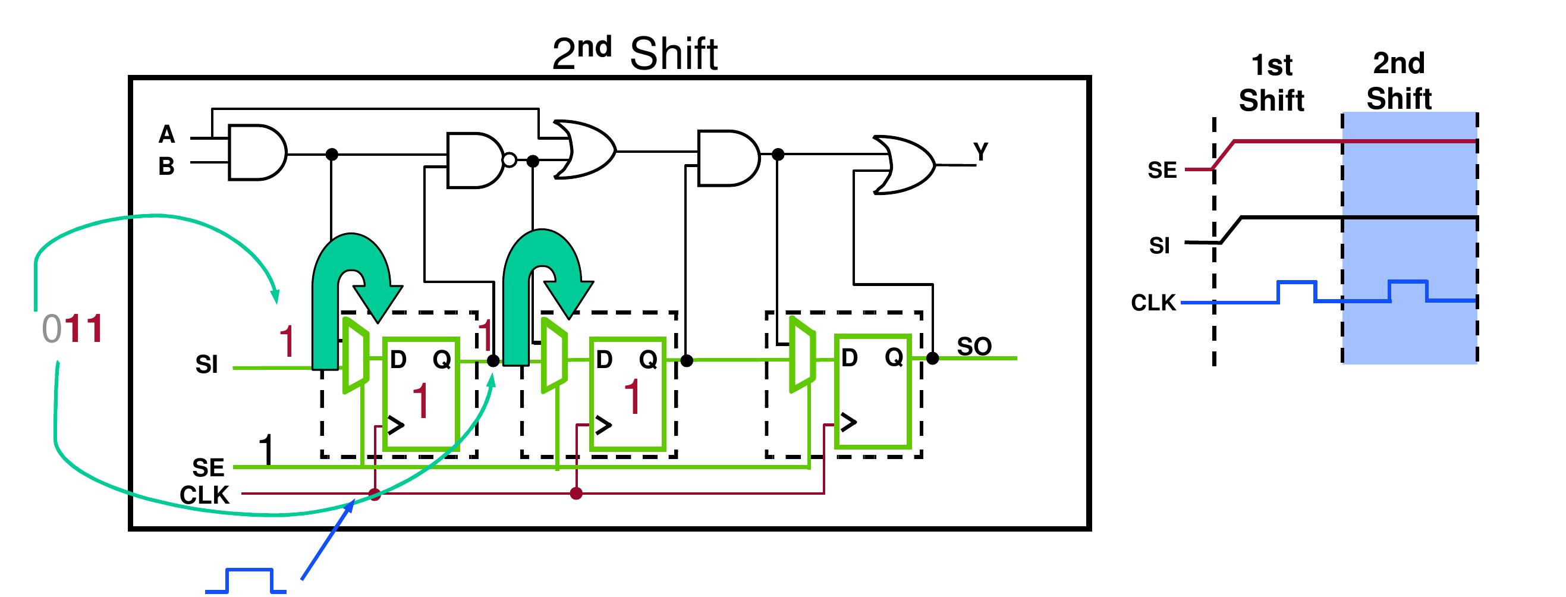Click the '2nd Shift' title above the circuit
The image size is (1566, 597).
pyautogui.click(x=635, y=54)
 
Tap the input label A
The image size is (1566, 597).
pyautogui.click(x=166, y=134)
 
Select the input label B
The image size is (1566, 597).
pyautogui.click(x=166, y=166)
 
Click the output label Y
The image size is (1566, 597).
pyautogui.click(x=980, y=152)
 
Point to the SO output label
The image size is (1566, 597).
pyautogui.click(x=974, y=346)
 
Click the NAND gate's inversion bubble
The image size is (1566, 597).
pyautogui.click(x=510, y=161)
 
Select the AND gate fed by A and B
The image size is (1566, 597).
pyautogui.click(x=257, y=153)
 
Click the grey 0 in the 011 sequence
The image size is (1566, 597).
pyautogui.click(x=52, y=329)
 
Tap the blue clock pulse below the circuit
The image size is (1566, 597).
pyautogui.click(x=246, y=580)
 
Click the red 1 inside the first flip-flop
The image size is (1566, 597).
pyautogui.click(x=421, y=401)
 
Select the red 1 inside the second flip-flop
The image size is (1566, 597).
pyautogui.click(x=632, y=397)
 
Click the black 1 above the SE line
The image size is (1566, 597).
pyautogui.click(x=266, y=450)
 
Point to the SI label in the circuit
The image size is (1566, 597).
pyautogui.click(x=207, y=364)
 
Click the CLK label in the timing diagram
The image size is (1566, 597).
pyautogui.click(x=1153, y=303)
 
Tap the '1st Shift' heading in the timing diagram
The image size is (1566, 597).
pyautogui.click(x=1272, y=83)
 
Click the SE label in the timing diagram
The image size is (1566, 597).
pyautogui.click(x=1162, y=170)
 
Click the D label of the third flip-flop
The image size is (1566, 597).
pyautogui.click(x=849, y=358)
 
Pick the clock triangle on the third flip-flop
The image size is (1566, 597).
pyautogui.click(x=848, y=422)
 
